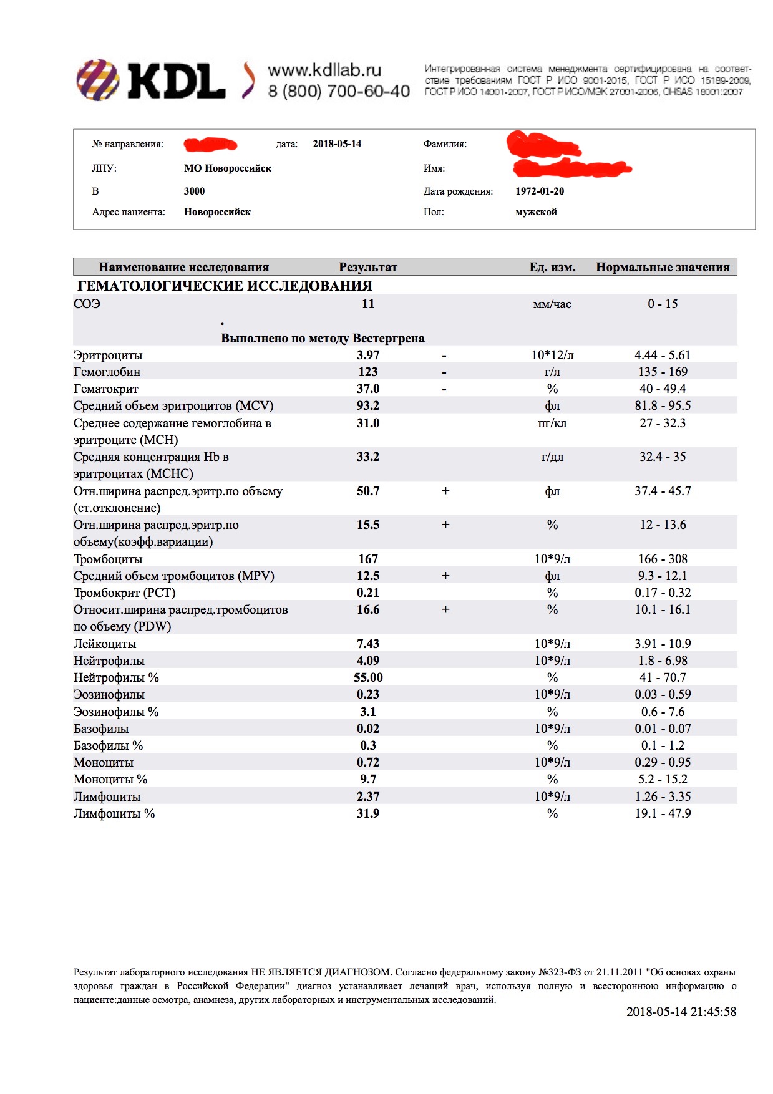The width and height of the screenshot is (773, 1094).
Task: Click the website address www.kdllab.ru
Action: tap(324, 70)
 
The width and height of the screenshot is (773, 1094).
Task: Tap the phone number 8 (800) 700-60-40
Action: tap(339, 92)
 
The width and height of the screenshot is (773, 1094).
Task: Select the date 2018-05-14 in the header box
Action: tap(337, 144)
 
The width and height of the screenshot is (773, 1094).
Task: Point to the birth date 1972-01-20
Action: tap(540, 191)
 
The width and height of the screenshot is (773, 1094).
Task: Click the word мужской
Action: tap(536, 212)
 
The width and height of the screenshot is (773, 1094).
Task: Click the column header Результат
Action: tap(368, 268)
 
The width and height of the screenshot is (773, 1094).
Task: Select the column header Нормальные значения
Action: tap(663, 268)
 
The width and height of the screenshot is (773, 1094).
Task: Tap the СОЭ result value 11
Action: tap(368, 304)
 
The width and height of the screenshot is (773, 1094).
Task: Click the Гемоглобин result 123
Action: tap(368, 372)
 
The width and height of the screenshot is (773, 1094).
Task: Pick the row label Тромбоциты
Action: tap(108, 559)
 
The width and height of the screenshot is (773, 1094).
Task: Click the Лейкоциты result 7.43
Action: tap(368, 644)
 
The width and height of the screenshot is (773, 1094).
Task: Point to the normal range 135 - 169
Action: tap(663, 372)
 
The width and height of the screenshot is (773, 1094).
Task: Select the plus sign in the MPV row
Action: tap(445, 576)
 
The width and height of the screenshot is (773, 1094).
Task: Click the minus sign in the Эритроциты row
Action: tap(444, 356)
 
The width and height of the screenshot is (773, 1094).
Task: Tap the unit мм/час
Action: tap(552, 304)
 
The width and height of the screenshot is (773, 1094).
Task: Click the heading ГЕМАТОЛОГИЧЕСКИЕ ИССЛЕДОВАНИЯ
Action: tap(225, 286)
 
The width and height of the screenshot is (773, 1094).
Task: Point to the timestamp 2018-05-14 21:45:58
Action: tap(681, 1012)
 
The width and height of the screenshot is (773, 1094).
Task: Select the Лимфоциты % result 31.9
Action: tap(368, 814)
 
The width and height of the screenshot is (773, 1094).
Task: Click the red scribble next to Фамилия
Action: tap(543, 144)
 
